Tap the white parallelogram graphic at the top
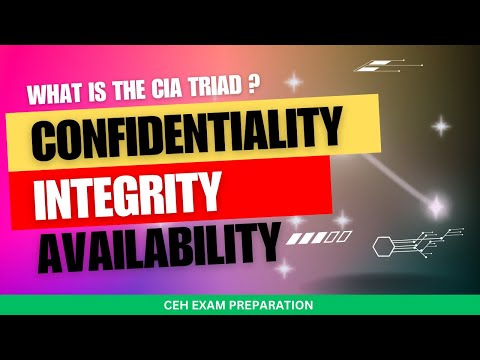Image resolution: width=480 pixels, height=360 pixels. [x=374, y=67]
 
